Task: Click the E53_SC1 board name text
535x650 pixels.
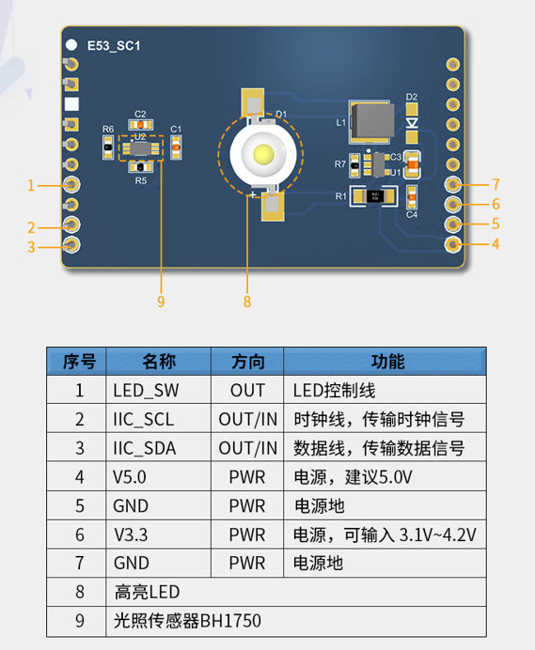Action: click(114, 46)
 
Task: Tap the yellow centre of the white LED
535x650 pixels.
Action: click(263, 154)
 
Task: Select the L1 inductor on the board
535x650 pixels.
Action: click(370, 122)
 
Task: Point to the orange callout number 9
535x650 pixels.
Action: click(161, 302)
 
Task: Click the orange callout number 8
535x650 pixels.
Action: click(247, 302)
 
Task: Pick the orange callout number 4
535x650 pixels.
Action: click(496, 244)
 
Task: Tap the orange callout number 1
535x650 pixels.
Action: click(31, 185)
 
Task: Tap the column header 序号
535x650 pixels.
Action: click(79, 362)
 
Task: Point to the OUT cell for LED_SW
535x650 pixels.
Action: click(247, 391)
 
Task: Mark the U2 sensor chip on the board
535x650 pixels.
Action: click(141, 148)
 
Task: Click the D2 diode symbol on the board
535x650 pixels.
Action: click(412, 123)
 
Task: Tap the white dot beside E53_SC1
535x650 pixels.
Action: click(71, 45)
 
